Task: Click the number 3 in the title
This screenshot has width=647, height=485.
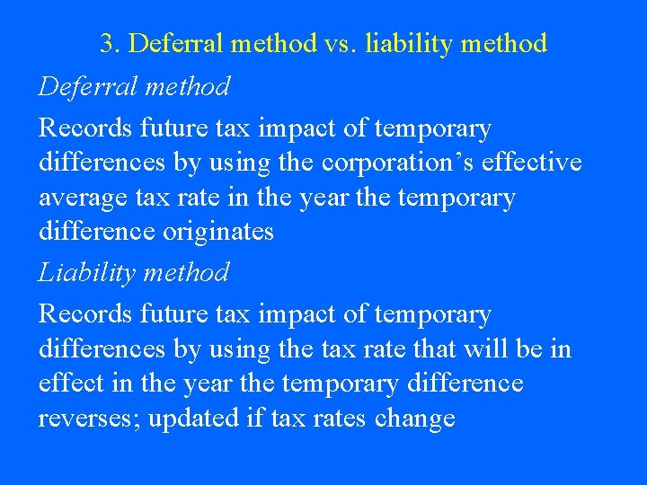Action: click(107, 43)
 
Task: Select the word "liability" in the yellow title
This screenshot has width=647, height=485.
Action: click(404, 43)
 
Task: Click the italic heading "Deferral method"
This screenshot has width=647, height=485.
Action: click(134, 86)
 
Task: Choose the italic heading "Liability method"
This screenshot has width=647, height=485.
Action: click(133, 272)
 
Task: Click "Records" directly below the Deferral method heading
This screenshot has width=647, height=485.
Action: click(85, 128)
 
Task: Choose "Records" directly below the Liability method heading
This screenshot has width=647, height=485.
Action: click(85, 314)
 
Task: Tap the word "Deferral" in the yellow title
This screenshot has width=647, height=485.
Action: click(175, 43)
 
